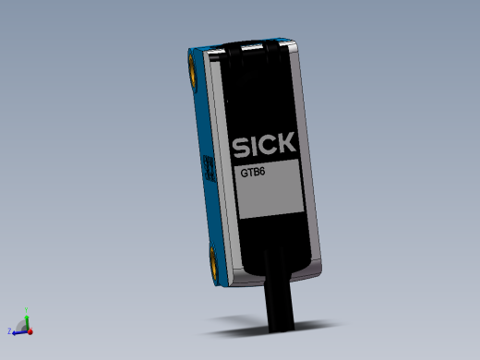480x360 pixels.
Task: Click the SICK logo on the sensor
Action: pyautogui.click(x=263, y=146)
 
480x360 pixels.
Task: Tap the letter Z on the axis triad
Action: pyautogui.click(x=8, y=330)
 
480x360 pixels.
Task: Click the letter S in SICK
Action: pyautogui.click(x=237, y=148)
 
